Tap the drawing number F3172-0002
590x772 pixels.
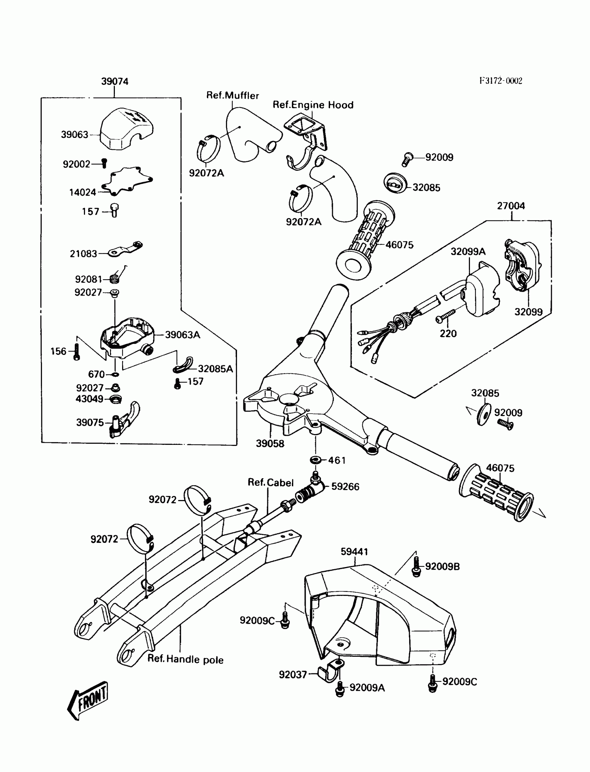(501, 81)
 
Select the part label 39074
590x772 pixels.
(115, 82)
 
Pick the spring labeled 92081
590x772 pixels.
(115, 278)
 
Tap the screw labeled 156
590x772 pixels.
(77, 352)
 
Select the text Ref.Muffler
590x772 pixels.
(233, 96)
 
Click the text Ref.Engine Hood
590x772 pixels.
(313, 105)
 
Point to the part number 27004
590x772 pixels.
(511, 206)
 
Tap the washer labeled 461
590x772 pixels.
(315, 459)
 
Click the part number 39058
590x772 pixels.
(270, 443)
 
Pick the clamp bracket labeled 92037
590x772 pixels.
(330, 672)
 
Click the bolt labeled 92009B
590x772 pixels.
(416, 566)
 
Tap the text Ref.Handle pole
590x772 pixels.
(185, 659)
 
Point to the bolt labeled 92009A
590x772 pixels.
(340, 688)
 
